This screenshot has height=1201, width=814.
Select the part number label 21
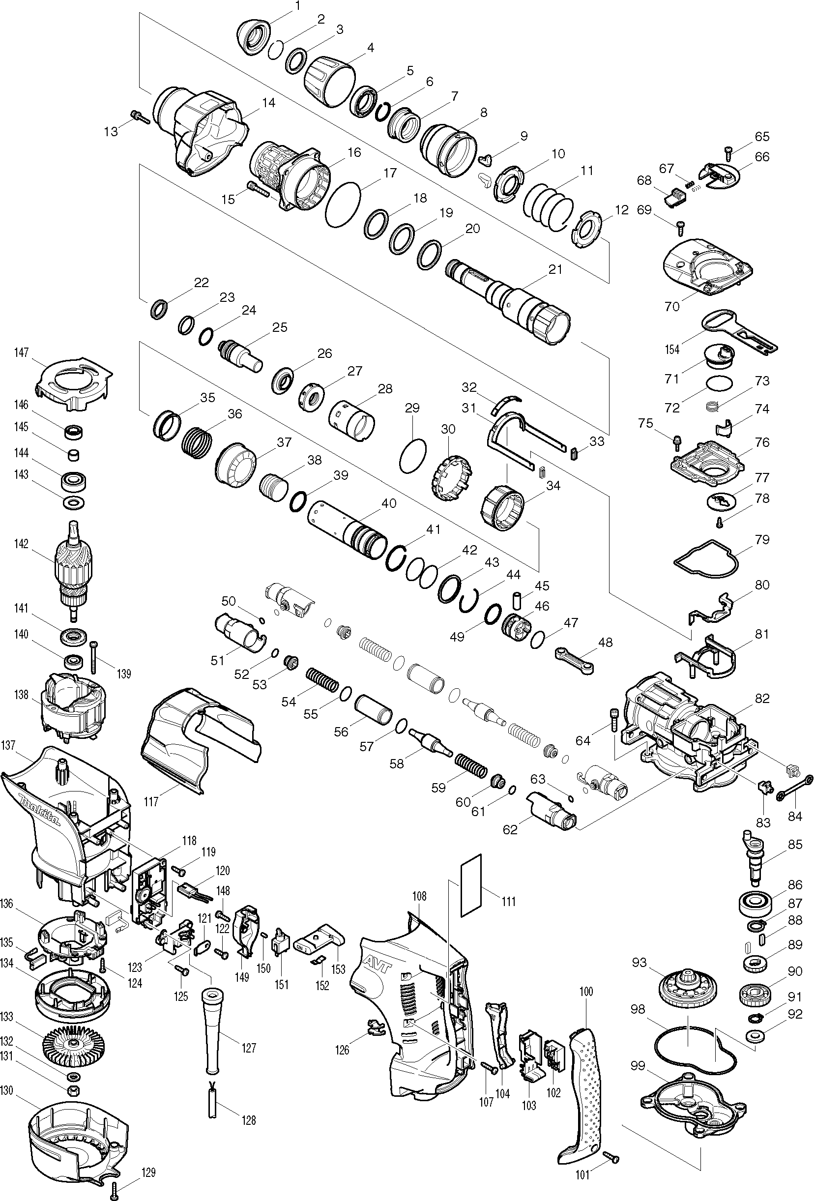(555, 269)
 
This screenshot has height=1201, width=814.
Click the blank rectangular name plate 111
(470, 884)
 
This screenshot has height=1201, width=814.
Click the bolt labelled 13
(140, 117)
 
